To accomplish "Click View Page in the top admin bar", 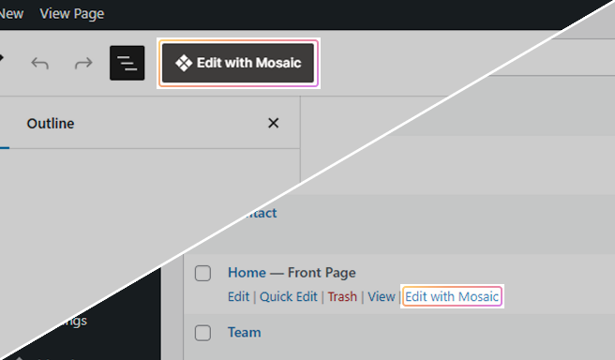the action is tap(72, 14).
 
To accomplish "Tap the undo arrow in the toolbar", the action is tap(40, 63).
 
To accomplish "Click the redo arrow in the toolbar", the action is tap(83, 63).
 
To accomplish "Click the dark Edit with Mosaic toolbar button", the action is tap(238, 63).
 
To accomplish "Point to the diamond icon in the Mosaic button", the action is tap(184, 63).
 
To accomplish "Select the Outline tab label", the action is tap(51, 123).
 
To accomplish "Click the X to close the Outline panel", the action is tap(273, 123).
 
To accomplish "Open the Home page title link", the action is tap(247, 273).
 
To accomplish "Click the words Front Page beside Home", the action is tap(322, 273).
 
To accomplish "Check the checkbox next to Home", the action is tap(202, 274).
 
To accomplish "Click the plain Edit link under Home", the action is tap(238, 296).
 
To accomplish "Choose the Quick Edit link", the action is tap(288, 296).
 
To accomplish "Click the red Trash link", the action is tap(342, 296).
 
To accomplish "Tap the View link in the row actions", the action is tap(381, 296).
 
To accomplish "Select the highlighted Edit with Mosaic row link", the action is tap(452, 296).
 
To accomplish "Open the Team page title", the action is tap(244, 332).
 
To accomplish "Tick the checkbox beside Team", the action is tap(202, 333).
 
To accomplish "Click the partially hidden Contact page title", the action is tap(260, 213).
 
